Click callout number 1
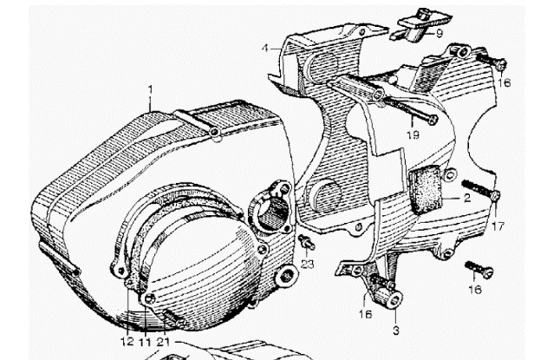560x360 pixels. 150,89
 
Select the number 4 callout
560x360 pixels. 264,48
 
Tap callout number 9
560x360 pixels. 440,34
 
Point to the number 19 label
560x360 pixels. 413,134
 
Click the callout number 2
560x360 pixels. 467,198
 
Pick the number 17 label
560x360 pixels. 498,226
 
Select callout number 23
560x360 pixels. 307,265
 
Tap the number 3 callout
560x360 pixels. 395,331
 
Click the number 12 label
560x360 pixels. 127,342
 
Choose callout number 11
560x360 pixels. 145,342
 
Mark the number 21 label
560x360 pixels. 163,342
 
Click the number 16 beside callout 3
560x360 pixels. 365,314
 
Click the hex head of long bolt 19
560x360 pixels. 433,120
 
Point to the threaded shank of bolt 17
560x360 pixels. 477,189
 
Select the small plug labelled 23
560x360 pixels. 307,242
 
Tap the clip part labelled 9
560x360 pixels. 421,23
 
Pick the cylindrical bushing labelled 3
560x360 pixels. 389,298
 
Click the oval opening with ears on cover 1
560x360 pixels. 270,208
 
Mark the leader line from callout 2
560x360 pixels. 452,198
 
